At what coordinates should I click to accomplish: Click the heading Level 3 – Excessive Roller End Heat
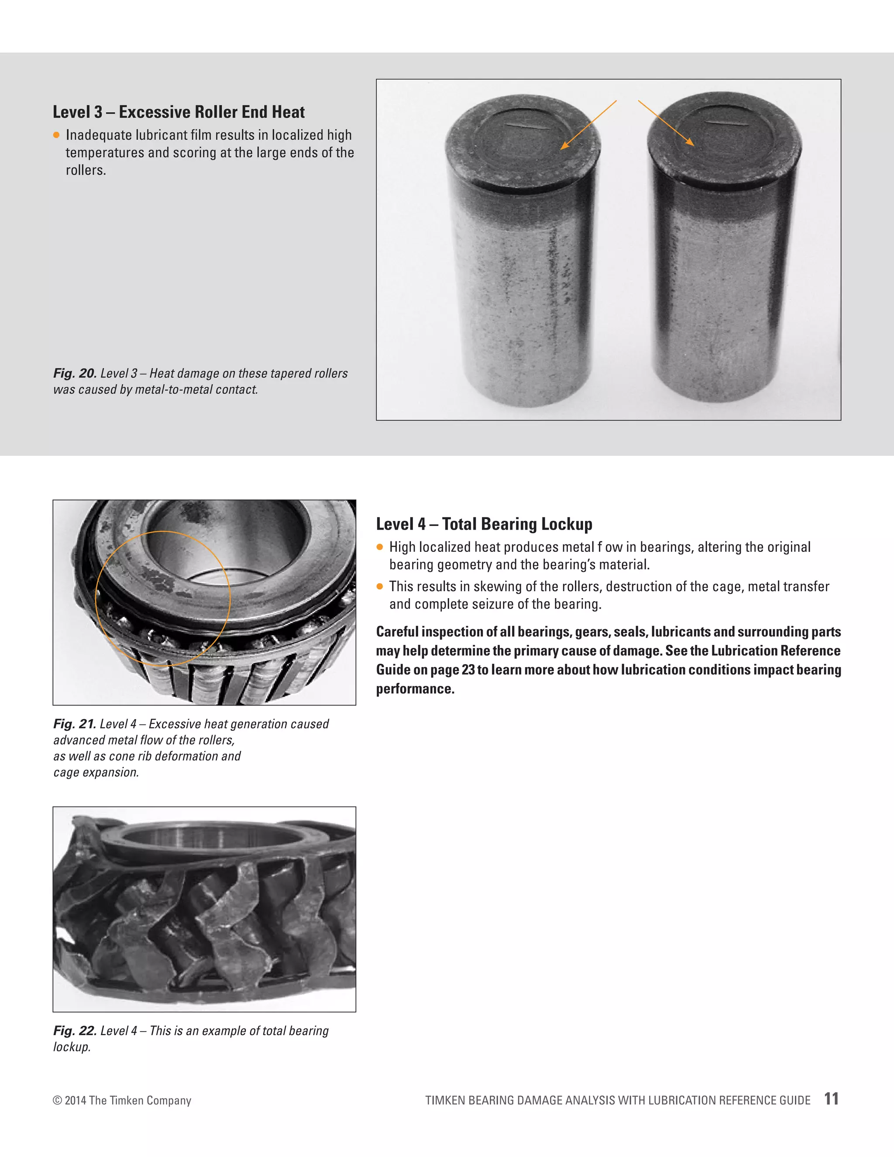[x=179, y=112]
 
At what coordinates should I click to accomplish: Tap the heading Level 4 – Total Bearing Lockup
[x=484, y=524]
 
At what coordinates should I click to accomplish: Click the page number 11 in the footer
[x=831, y=1099]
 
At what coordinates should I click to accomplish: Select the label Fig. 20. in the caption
[x=75, y=373]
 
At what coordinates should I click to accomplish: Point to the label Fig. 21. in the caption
[x=75, y=724]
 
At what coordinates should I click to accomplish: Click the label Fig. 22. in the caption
[x=75, y=1030]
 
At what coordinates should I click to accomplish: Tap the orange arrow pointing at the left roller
[x=588, y=125]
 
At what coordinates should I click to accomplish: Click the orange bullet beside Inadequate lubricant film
[x=57, y=135]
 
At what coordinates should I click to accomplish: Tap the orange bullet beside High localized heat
[x=380, y=547]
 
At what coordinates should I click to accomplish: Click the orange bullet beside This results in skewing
[x=380, y=586]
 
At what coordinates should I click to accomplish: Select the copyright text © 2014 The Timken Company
[x=122, y=1100]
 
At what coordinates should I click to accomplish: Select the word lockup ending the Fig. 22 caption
[x=72, y=1047]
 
